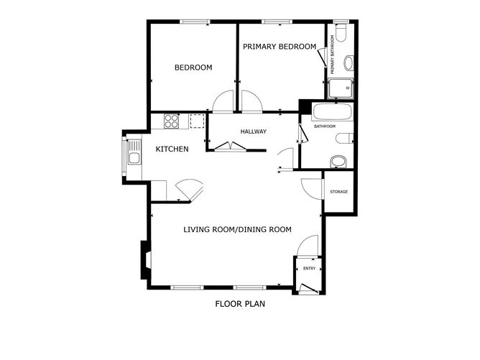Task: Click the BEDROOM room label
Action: tap(193, 68)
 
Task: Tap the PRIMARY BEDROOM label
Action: tap(280, 47)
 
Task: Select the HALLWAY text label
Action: tap(254, 131)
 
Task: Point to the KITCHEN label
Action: tap(172, 149)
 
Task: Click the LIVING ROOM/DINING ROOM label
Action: tap(238, 229)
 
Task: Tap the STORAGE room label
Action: tap(339, 192)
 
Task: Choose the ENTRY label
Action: tap(309, 269)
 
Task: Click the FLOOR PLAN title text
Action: tap(240, 304)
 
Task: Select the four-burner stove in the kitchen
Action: tap(172, 121)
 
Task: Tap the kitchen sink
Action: tap(134, 152)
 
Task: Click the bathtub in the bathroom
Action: tap(333, 111)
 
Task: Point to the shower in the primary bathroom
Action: tap(341, 88)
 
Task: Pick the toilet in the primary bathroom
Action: tap(341, 32)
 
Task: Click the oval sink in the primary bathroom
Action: tap(349, 63)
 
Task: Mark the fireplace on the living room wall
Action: tap(146, 260)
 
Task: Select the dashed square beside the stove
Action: tap(197, 121)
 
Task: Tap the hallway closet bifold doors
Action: tap(230, 147)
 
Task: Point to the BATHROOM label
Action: tap(325, 126)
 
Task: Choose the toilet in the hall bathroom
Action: tap(344, 139)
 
